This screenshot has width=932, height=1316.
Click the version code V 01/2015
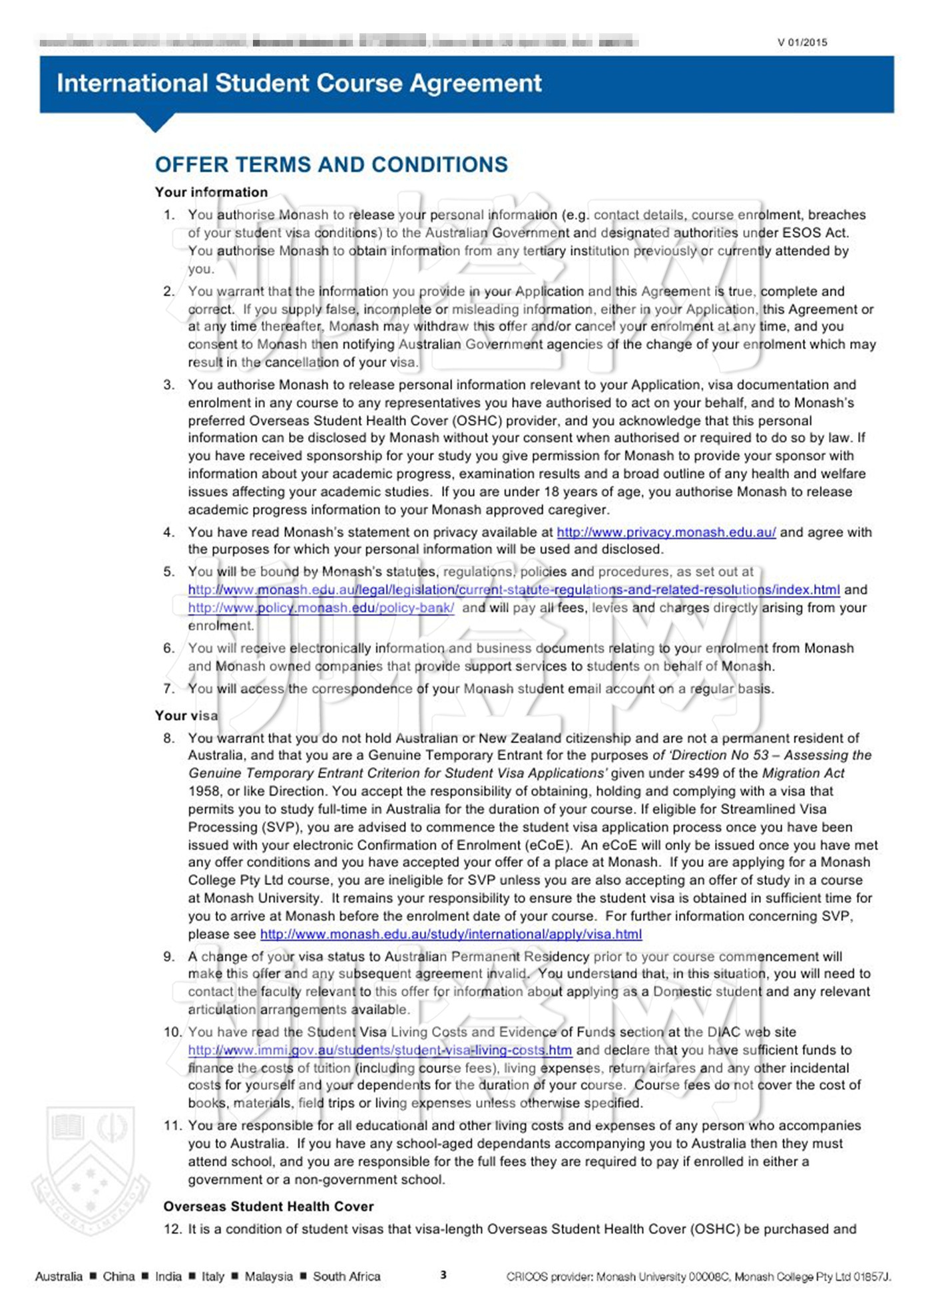pos(802,43)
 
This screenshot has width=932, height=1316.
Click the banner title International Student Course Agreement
pos(299,83)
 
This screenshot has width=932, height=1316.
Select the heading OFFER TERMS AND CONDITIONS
pos(331,164)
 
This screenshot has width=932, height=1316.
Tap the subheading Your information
pos(211,192)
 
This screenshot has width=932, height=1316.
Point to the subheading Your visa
pos(186,715)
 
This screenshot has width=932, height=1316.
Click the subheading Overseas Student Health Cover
pos(268,1206)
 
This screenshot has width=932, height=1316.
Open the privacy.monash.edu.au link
pos(666,532)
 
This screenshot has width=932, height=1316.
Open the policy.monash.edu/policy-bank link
pos(321,607)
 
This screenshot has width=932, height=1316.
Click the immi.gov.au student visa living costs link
pos(379,1050)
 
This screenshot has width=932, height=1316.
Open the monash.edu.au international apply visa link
pos(451,934)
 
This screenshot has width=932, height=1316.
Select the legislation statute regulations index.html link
pos(513,589)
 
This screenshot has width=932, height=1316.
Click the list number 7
pos(169,689)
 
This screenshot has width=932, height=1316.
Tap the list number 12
pos(172,1229)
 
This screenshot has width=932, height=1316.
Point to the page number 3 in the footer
pos(443,1275)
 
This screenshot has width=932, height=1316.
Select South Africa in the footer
pos(346,1276)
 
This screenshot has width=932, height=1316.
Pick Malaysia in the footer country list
pos(268,1276)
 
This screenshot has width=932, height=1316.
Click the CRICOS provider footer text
pos(698,1276)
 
